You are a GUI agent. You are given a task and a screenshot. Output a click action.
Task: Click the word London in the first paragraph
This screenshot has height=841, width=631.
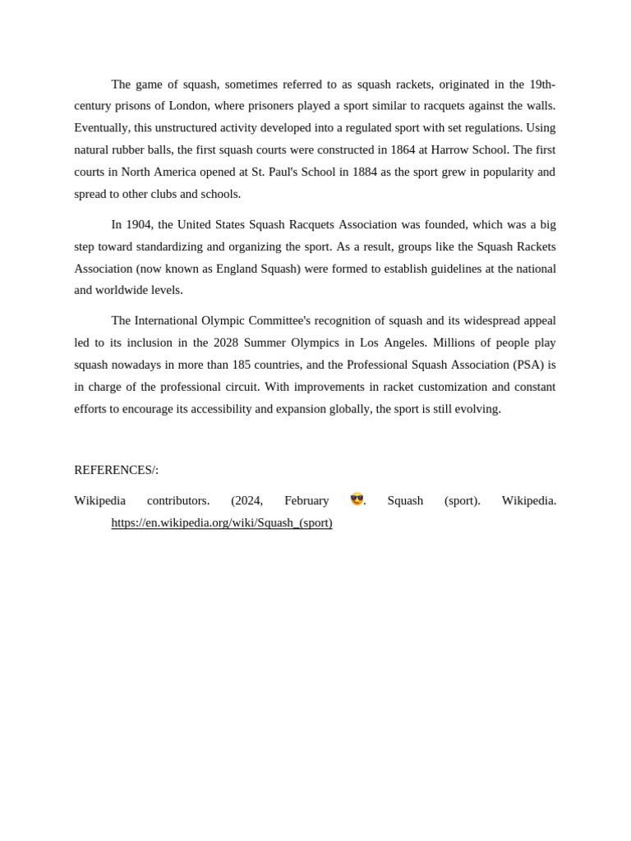[x=188, y=106]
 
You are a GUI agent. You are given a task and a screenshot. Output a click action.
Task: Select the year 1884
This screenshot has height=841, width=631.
[x=365, y=172]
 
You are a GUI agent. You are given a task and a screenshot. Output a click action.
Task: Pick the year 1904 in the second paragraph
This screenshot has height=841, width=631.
[x=139, y=224]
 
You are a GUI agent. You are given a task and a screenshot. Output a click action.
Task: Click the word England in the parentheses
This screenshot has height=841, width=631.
[x=237, y=269]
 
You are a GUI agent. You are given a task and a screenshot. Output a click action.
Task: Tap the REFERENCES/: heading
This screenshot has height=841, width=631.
[x=117, y=470]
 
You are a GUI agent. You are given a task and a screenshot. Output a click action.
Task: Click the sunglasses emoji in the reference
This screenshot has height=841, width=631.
[x=357, y=499]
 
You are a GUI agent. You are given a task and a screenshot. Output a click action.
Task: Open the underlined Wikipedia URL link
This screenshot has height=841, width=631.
[x=222, y=522]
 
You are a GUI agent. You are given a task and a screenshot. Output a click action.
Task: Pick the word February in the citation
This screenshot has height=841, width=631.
[x=306, y=500]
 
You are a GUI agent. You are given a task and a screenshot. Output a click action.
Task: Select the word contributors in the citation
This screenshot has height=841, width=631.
[x=178, y=500]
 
